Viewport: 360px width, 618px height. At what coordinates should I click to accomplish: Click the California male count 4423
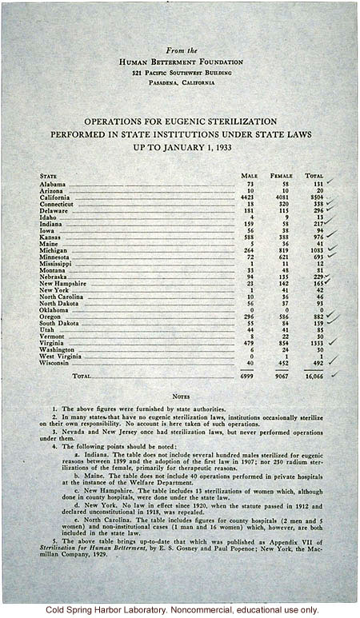tap(247, 197)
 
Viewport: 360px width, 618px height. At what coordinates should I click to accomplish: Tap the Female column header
tap(281, 175)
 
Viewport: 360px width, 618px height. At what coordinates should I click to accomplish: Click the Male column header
tap(249, 175)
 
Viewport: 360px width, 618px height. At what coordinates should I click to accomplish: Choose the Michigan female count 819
tap(282, 250)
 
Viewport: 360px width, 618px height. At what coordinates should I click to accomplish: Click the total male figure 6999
tap(247, 375)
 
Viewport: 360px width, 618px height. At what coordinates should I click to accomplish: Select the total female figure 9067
tap(281, 375)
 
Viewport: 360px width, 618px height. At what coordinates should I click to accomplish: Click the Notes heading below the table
tap(181, 396)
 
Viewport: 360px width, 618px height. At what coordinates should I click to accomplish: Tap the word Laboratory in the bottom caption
tap(109, 609)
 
